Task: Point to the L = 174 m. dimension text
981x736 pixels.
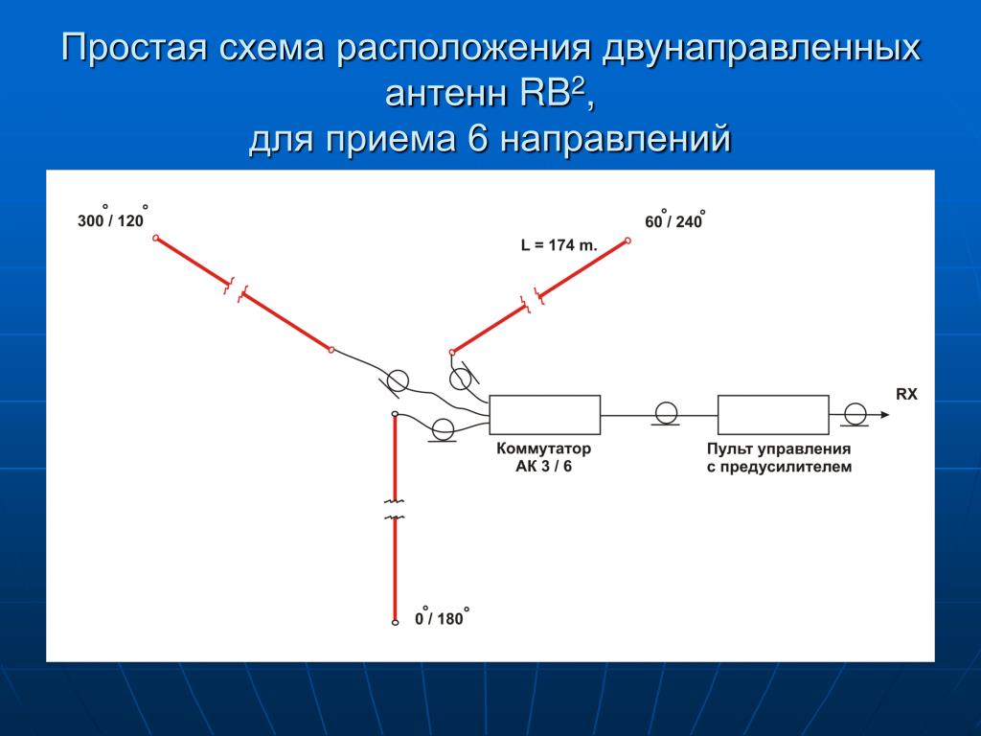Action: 559,245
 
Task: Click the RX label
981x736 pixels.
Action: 906,394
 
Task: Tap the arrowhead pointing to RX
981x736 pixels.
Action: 884,414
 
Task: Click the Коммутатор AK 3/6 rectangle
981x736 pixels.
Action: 544,414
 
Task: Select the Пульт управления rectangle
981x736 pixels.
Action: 773,414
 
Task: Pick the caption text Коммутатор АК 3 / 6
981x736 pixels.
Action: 544,457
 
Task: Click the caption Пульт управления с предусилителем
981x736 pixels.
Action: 779,457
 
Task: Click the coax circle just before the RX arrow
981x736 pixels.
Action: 855,414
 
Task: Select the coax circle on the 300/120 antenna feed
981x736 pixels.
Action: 398,380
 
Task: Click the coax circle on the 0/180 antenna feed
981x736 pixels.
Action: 443,429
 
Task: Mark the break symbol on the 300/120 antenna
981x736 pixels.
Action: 236,290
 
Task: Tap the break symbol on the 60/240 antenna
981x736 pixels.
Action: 533,300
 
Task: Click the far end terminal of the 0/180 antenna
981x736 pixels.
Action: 395,622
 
